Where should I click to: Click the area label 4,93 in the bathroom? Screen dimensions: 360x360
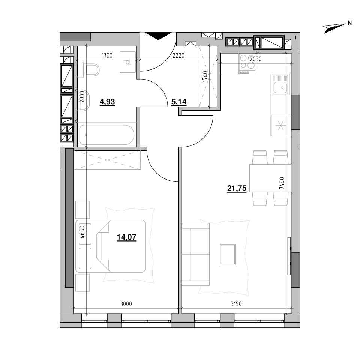[x=107, y=102]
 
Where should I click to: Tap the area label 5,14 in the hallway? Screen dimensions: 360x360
[x=179, y=102]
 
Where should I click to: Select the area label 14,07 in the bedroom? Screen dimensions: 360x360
[x=126, y=237]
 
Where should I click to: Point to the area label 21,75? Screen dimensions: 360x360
[x=237, y=189]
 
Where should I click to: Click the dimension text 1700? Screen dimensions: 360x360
[x=107, y=55]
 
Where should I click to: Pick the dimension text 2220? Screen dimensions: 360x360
[x=178, y=55]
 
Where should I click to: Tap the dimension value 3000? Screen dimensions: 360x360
[x=126, y=304]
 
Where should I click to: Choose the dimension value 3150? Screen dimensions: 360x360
[x=236, y=304]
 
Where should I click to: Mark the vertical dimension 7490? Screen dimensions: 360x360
[x=282, y=183]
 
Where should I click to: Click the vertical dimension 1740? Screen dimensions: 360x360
[x=205, y=76]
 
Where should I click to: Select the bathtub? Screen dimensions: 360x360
[x=107, y=135]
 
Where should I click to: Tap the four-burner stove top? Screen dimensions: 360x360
[x=247, y=64]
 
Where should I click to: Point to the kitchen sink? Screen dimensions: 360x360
[x=280, y=84]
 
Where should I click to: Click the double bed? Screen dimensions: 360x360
[x=110, y=246]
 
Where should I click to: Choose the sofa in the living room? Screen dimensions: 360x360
[x=196, y=254]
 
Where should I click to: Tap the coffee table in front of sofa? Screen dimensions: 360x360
[x=228, y=254]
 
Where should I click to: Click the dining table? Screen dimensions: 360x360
[x=270, y=178]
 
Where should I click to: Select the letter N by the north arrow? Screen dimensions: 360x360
[x=349, y=23]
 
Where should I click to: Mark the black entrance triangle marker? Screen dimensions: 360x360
[x=158, y=36]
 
